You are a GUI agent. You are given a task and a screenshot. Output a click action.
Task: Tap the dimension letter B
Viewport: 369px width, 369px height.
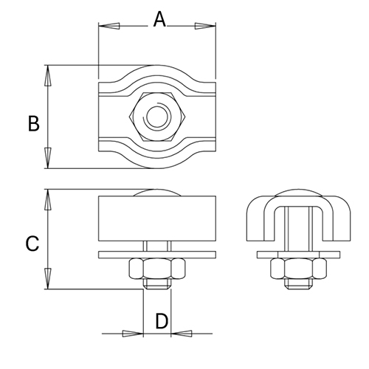[33, 123]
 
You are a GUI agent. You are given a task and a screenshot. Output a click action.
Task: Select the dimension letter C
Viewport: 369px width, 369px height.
[32, 242]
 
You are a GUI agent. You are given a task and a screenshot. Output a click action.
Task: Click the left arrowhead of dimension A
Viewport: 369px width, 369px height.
[108, 27]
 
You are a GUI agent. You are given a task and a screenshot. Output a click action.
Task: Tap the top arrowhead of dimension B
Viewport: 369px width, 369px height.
[48, 75]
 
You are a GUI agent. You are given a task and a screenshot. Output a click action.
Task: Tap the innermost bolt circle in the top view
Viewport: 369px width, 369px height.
[157, 117]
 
